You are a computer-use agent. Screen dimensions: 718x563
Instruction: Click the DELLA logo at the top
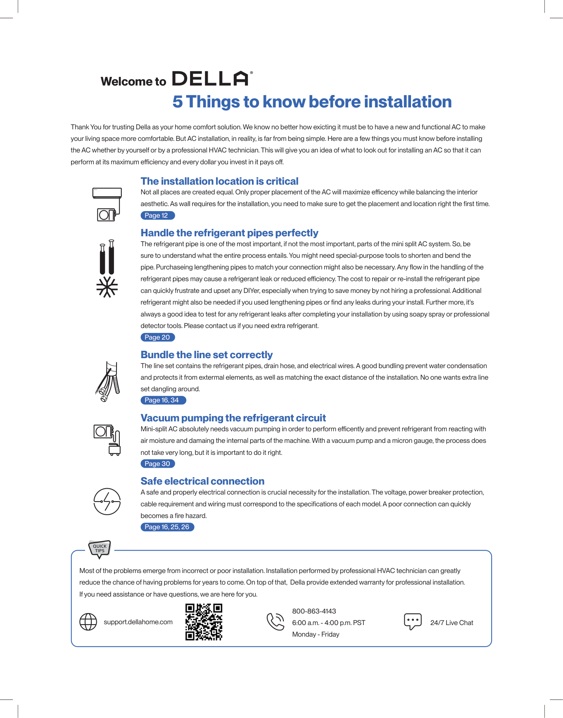211,78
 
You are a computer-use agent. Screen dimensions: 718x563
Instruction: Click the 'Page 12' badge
157,215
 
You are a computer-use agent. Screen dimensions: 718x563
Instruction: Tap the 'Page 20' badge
158,337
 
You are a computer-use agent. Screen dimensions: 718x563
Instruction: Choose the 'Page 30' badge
158,464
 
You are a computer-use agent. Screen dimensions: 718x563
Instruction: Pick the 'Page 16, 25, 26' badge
167,527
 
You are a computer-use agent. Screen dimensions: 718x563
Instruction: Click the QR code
204,622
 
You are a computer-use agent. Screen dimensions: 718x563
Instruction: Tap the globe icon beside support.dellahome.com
88,622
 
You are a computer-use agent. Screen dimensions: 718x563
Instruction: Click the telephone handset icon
276,622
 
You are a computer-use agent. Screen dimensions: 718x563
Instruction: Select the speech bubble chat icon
413,621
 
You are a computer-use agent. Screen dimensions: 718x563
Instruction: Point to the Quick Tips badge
100,549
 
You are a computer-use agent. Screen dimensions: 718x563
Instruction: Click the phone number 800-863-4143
314,611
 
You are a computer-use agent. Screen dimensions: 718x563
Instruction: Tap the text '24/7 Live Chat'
451,623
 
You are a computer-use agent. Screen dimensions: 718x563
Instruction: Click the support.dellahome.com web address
138,622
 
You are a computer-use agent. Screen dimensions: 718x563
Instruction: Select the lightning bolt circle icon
107,502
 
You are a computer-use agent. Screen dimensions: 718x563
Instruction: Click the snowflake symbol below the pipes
107,287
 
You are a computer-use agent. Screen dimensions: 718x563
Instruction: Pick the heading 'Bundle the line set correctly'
207,355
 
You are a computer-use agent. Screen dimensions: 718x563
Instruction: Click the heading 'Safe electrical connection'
202,481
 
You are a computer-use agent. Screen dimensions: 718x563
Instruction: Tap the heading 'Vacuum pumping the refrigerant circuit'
233,418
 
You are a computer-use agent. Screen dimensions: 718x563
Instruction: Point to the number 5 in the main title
178,102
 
